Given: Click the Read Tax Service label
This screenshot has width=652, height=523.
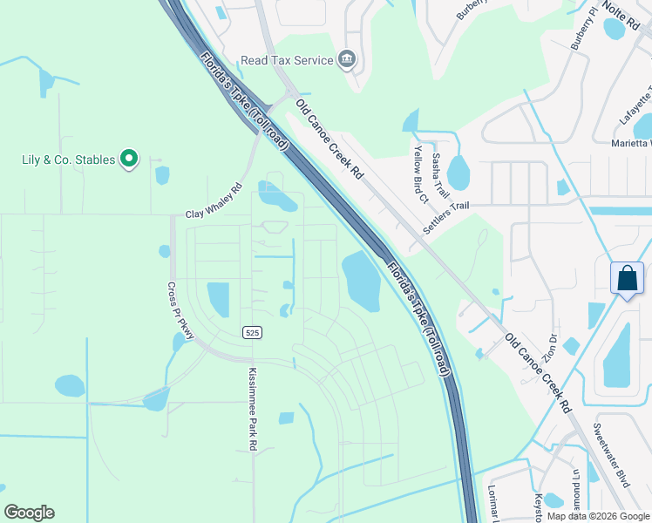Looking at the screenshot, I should click(287, 60).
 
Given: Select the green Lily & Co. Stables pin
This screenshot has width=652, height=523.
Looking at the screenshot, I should click(129, 159).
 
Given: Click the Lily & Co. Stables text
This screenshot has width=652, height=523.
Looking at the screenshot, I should click(68, 160).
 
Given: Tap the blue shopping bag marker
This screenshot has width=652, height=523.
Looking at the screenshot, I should click(627, 280).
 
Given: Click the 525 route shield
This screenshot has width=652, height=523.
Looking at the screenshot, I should click(252, 332).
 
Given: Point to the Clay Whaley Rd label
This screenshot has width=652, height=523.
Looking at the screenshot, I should click(214, 201).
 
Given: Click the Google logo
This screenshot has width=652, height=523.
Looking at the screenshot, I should click(29, 513).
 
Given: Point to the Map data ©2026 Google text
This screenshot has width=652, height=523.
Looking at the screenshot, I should click(598, 516).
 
